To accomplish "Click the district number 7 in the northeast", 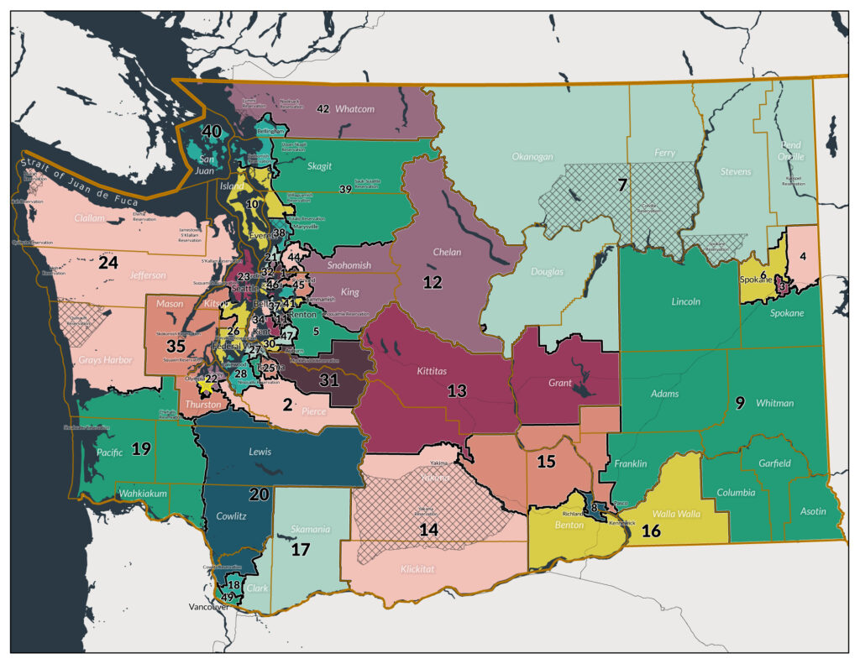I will pos(622,185).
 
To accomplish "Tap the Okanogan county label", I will pos(533,156).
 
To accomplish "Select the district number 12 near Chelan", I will pos(432,283).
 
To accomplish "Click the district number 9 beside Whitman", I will pos(739,403).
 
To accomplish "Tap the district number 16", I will pos(651,531).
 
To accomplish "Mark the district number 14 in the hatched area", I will pos(428,529).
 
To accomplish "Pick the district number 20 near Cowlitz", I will pos(259,494).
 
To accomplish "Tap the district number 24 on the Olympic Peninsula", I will pos(107,262).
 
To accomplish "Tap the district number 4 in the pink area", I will pos(803,255).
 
